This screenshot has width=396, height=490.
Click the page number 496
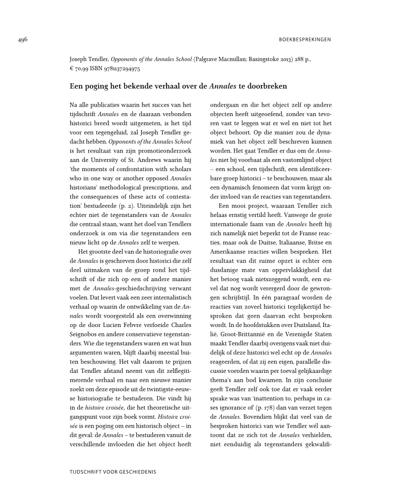point(22,39)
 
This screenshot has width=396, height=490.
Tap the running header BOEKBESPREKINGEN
point(304,40)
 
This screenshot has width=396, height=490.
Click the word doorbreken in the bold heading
point(269,86)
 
